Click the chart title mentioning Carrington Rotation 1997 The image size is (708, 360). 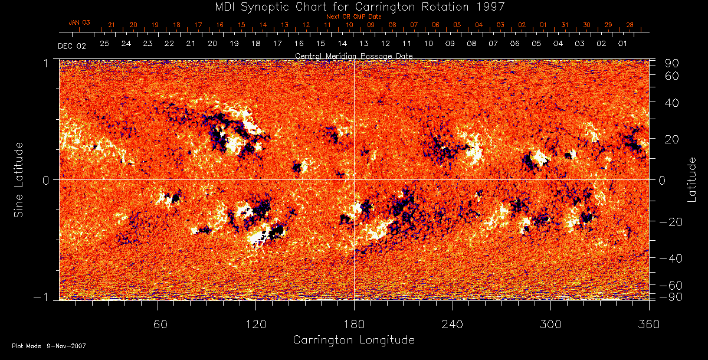pos(353,6)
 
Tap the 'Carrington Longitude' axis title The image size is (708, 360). pos(353,340)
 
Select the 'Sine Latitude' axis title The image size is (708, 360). pos(19,179)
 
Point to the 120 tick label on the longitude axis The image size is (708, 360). pos(256,324)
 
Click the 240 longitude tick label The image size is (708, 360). pos(453,324)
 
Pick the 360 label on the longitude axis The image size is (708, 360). pos(649,324)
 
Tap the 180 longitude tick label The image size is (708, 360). pos(354,324)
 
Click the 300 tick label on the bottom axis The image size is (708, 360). pos(550,324)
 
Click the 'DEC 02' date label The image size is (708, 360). pos(72,45)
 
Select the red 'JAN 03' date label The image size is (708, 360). pos(79,22)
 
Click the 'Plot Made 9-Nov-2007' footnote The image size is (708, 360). pos(49,346)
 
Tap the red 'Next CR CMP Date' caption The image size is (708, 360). pos(353,17)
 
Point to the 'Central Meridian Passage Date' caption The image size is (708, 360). pos(353,55)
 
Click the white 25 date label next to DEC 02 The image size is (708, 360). pos(104,44)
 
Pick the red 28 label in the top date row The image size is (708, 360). pos(630,25)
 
